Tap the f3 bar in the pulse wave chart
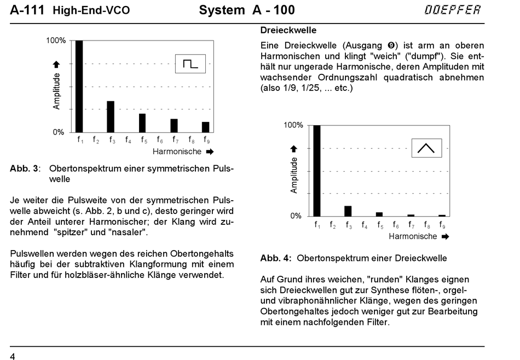click(111, 117)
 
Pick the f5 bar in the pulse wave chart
click(142, 123)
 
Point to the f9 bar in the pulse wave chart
click(205, 127)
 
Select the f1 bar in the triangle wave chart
click(317, 170)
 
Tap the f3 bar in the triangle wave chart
click(348, 211)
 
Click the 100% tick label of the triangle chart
click(293, 125)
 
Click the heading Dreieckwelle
click(288, 30)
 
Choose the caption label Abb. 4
click(275, 258)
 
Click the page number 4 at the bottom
click(13, 356)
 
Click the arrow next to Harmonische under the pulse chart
click(210, 151)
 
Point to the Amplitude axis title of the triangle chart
click(294, 175)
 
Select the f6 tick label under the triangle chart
click(395, 225)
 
